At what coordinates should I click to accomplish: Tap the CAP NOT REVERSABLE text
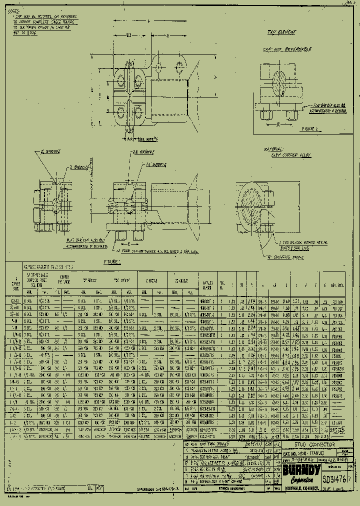tap(287, 49)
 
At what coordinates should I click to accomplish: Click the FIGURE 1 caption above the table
tap(112, 261)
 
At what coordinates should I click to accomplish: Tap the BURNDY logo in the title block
tap(301, 470)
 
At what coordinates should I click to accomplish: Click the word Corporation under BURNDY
tap(301, 479)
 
